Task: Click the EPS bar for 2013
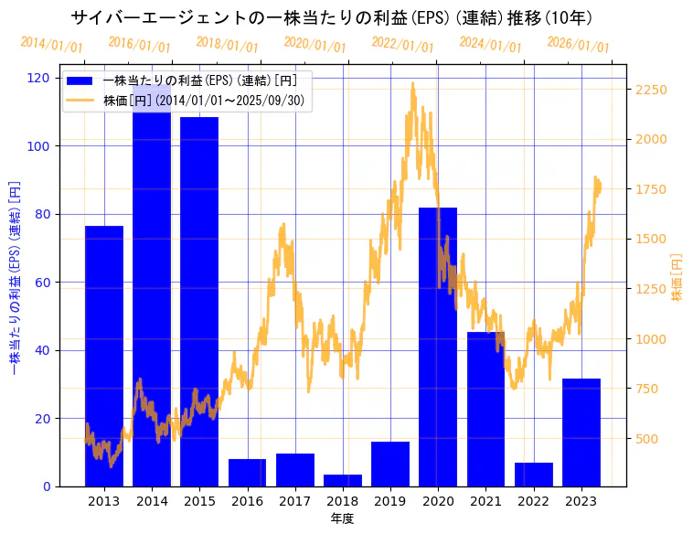point(104,356)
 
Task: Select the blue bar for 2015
point(199,302)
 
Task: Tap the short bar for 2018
point(343,480)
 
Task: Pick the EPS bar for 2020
point(438,347)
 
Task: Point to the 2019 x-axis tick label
point(390,500)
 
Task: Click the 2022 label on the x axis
point(533,500)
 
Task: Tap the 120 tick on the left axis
point(39,78)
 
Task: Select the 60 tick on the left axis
point(43,283)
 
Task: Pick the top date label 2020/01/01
point(315,44)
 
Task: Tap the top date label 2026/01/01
point(578,44)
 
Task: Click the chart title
point(331,17)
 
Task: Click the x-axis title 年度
point(342,518)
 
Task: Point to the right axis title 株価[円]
point(677,279)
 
